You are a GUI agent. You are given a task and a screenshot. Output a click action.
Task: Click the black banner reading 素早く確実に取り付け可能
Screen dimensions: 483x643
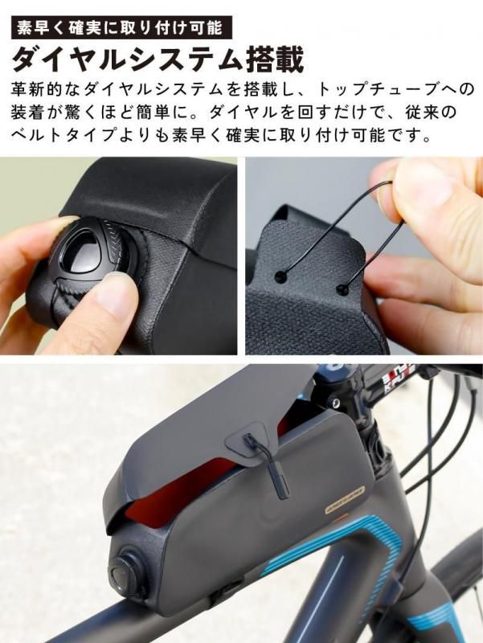point(121,27)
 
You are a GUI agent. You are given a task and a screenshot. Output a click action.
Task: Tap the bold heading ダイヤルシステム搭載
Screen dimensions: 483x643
point(158,59)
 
